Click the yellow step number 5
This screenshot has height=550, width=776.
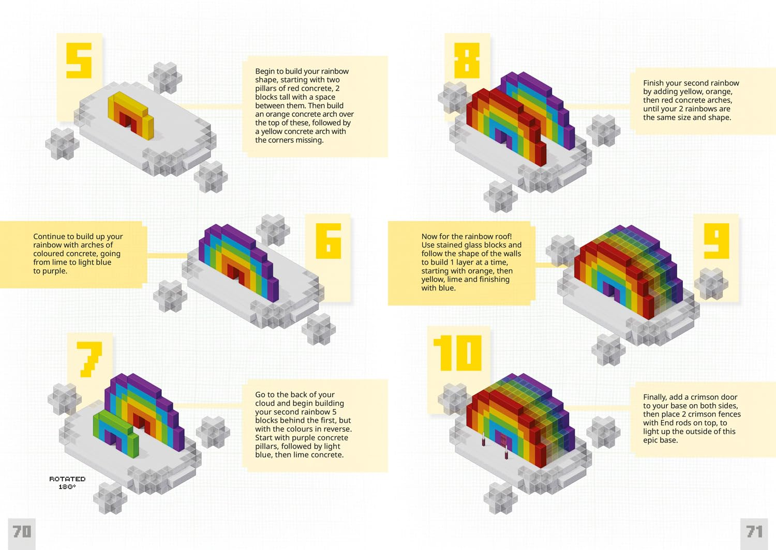(79, 60)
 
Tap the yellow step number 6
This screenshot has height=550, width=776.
(329, 240)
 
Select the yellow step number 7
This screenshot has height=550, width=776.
(89, 359)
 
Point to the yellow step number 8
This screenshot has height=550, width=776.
(467, 60)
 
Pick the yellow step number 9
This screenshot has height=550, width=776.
(717, 240)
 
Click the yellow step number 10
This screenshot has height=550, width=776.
(458, 353)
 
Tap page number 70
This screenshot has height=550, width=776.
(22, 531)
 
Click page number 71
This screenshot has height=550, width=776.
(754, 531)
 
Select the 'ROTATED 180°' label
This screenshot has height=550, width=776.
(67, 483)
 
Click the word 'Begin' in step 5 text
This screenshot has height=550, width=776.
(265, 71)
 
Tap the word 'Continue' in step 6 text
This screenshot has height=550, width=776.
(49, 236)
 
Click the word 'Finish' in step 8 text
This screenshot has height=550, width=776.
(654, 83)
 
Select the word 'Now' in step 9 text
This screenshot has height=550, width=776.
(429, 236)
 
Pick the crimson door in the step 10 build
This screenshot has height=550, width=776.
(503, 440)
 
